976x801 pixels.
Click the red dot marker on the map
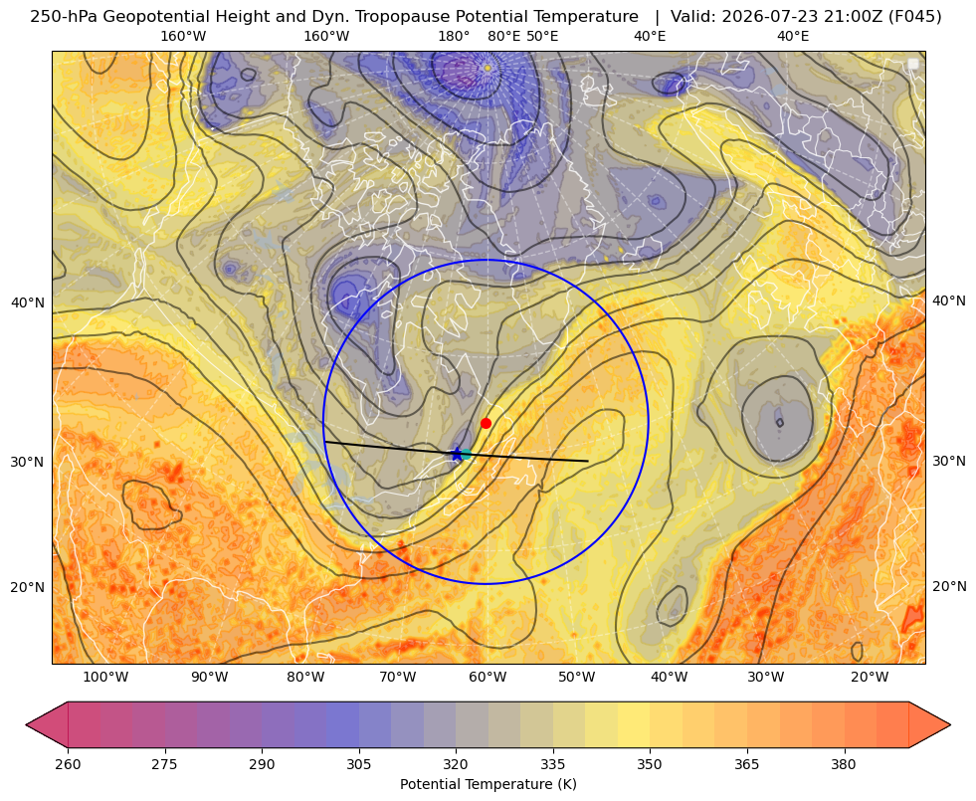[487, 423]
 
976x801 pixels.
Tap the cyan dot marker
[466, 455]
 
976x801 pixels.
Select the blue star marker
[457, 455]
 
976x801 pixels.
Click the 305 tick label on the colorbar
[358, 764]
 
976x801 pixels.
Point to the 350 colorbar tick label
[650, 764]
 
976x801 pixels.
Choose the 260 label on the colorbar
[68, 764]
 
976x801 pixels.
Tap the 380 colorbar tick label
[844, 764]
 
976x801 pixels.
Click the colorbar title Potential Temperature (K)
[488, 784]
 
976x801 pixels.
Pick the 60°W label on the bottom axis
[488, 678]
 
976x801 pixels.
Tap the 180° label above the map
[454, 36]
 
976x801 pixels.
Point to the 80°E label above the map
[503, 36]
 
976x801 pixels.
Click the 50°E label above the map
[542, 36]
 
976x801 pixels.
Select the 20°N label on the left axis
[28, 587]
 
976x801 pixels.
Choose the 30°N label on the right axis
[949, 461]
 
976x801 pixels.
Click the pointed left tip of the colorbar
[26, 724]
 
